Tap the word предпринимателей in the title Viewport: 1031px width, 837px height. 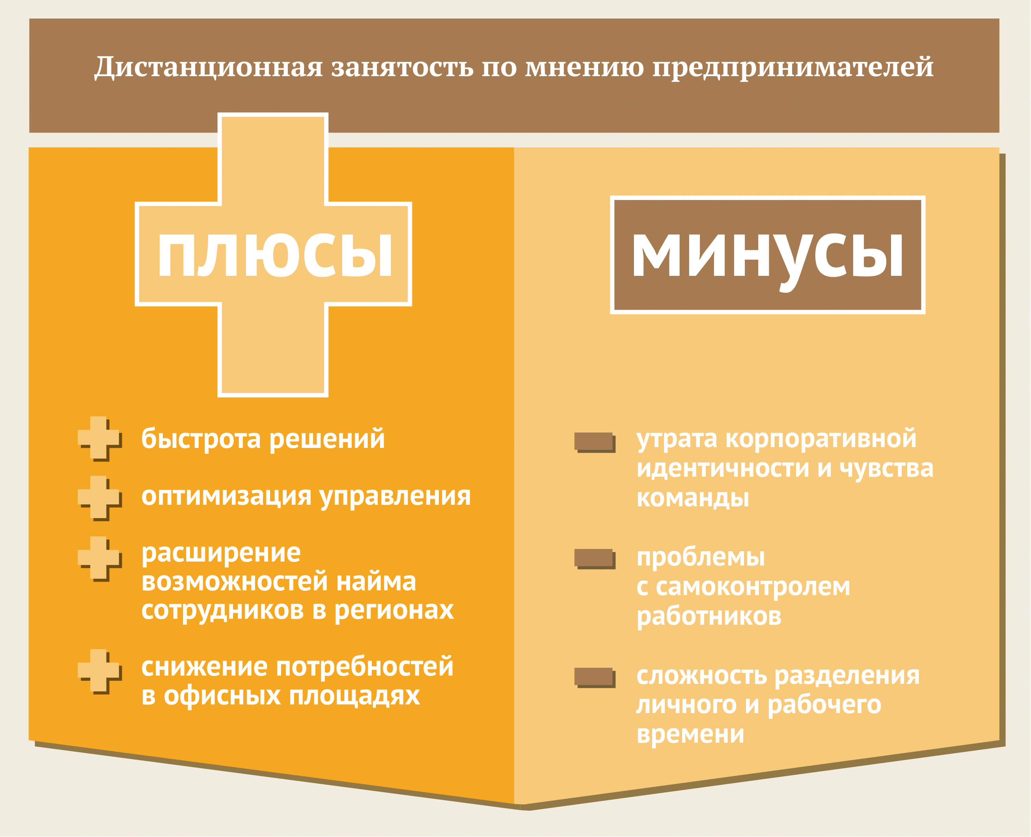coord(793,67)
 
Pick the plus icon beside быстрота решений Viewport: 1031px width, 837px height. coord(99,438)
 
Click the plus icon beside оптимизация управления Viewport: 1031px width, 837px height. coord(99,498)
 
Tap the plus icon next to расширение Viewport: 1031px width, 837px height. coord(99,558)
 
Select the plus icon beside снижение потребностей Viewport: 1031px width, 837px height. coord(99,671)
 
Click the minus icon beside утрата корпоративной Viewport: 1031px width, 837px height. coord(595,442)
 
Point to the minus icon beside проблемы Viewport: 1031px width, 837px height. coord(595,559)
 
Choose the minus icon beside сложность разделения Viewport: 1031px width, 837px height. coord(595,678)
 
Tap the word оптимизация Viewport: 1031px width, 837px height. coord(226,496)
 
